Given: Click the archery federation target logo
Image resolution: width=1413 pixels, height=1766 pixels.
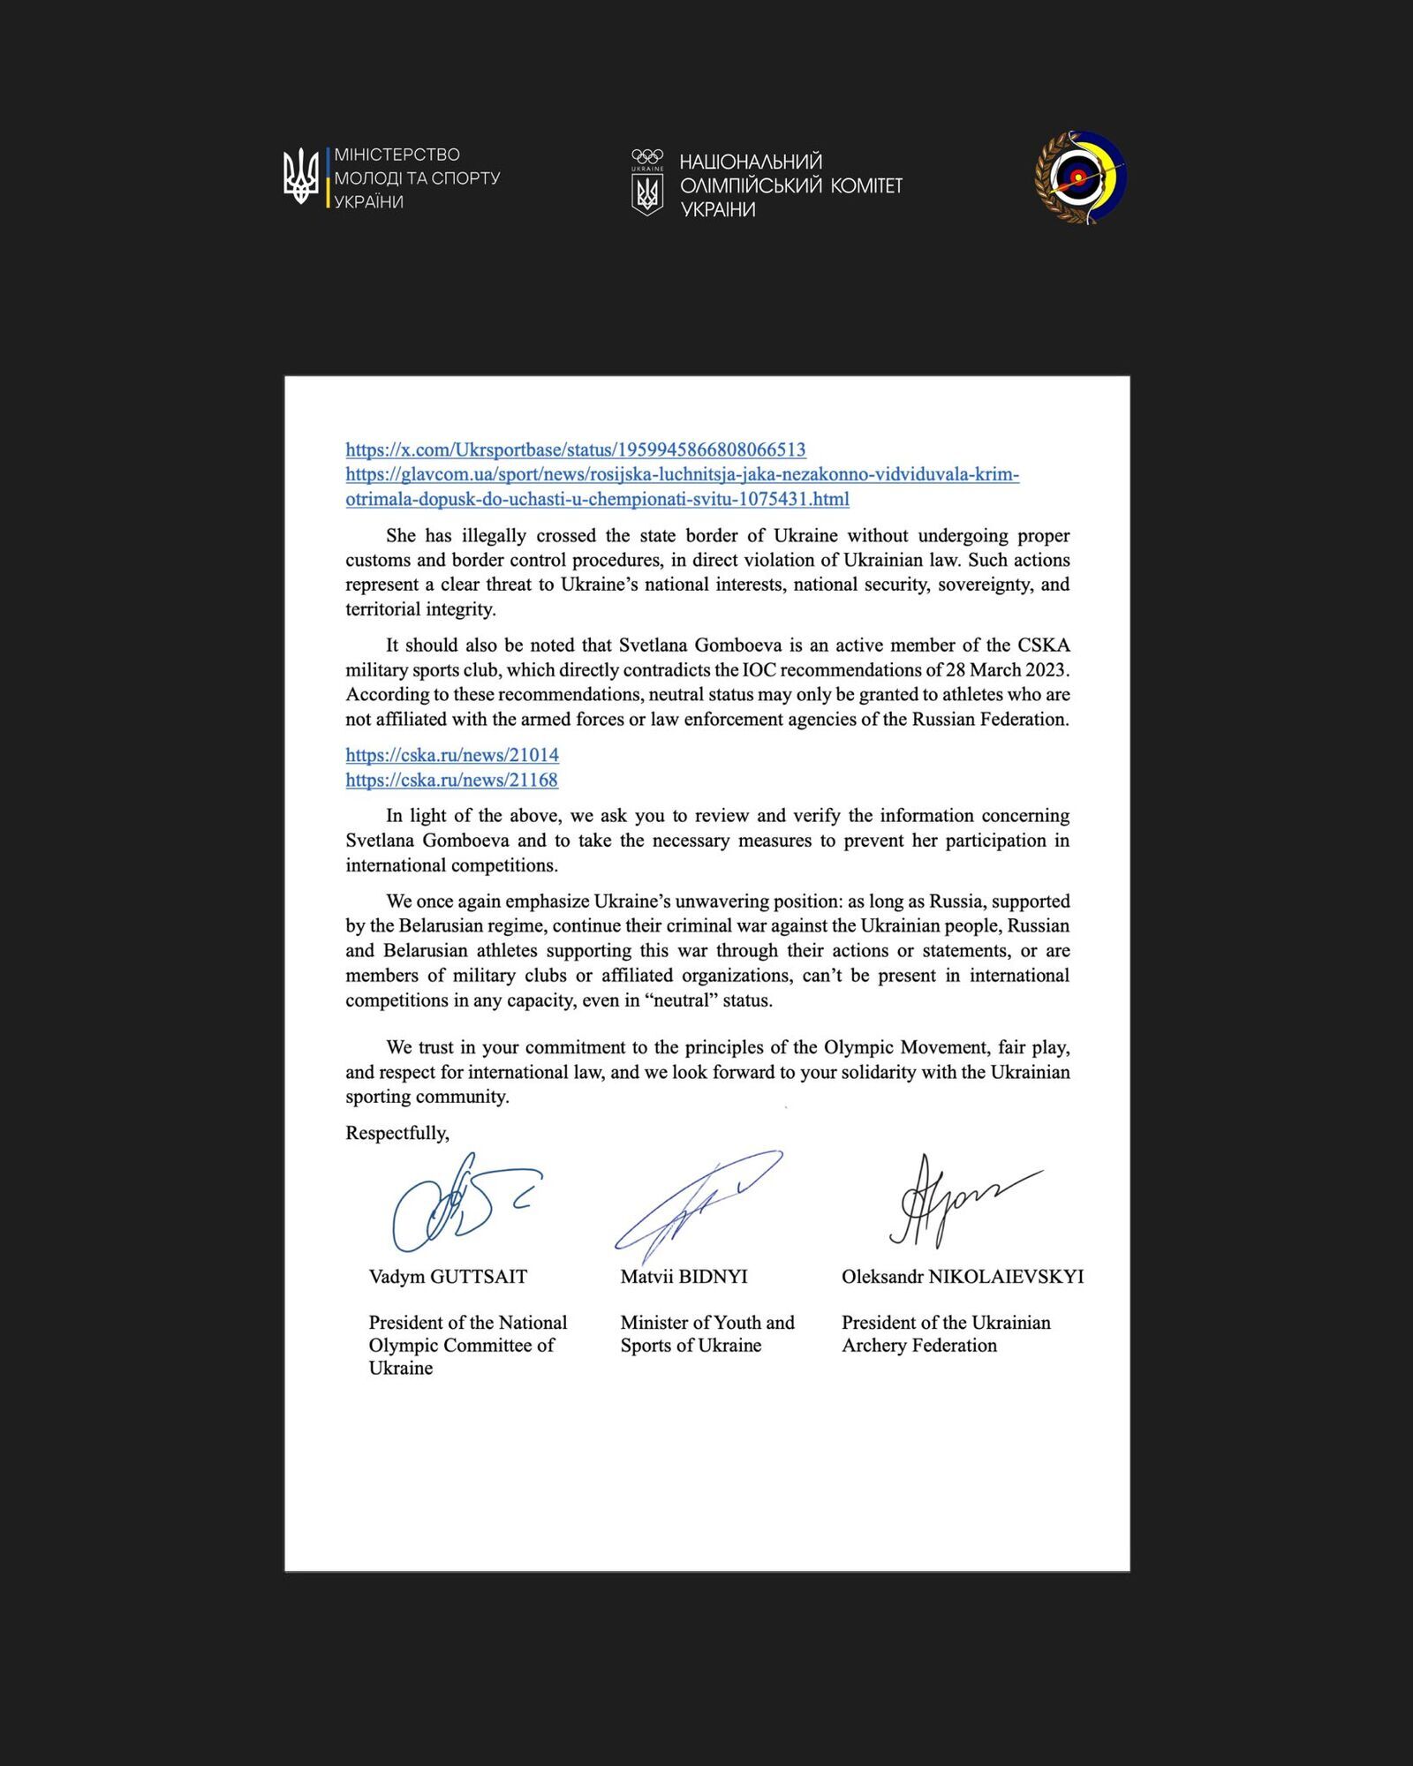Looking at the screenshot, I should point(1080,177).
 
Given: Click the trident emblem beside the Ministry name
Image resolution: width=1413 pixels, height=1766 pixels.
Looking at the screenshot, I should point(300,176).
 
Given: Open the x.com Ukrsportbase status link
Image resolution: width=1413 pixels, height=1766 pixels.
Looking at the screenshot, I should point(575,449).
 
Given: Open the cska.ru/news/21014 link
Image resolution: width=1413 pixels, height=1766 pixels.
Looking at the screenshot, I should point(451,755).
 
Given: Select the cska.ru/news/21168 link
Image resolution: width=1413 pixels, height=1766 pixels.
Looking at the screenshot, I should point(451,780).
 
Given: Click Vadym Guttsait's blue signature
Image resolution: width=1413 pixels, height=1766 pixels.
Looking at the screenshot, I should point(459,1203).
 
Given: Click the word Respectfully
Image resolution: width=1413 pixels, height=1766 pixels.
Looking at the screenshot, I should point(397,1133).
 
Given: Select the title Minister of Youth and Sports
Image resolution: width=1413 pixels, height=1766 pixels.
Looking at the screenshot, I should point(706,1333).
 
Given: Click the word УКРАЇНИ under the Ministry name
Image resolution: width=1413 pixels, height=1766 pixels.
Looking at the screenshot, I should point(368,202).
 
